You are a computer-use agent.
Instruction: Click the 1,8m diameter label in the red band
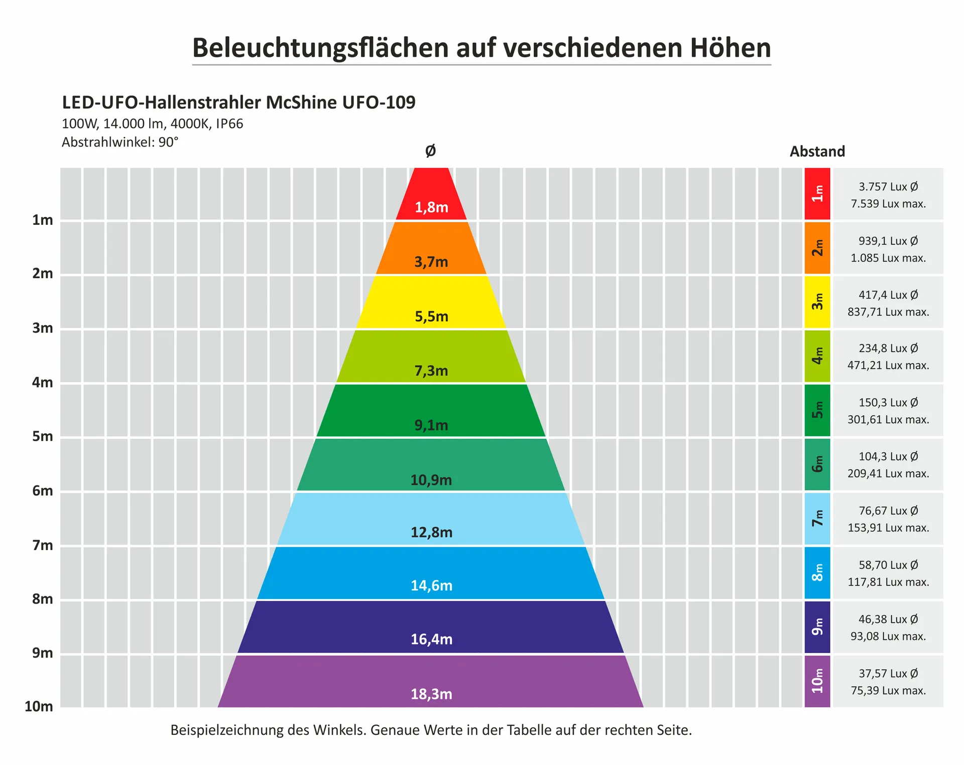coord(431,207)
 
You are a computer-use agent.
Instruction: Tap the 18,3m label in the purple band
coord(431,694)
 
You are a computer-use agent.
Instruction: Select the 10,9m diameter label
coord(431,480)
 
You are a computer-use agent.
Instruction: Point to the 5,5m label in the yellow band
coord(431,317)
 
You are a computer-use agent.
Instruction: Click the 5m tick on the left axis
coord(43,436)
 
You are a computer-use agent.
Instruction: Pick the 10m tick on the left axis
coord(39,707)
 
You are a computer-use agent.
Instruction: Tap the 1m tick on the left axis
coord(43,220)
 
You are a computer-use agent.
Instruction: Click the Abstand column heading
coord(817,152)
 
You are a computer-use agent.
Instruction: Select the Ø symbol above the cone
coord(430,151)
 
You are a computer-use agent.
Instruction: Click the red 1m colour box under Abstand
coord(817,194)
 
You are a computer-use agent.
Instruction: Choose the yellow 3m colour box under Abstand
coord(817,302)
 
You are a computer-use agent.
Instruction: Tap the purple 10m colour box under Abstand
coord(817,681)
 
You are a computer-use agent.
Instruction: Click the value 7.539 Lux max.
coord(888,204)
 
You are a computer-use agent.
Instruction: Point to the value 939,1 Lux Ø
coord(888,241)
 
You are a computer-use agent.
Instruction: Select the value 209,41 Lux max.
coord(888,473)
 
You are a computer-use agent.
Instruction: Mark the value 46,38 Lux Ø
coord(888,619)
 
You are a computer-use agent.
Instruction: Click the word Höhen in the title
coord(730,48)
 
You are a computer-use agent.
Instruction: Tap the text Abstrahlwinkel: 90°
coord(120,143)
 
